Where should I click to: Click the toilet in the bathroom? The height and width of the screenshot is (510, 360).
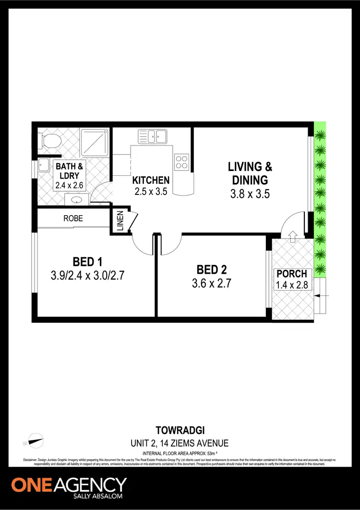(50, 141)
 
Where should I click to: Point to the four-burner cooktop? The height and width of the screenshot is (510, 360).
(181, 161)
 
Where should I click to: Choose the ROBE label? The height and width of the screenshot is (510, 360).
(73, 218)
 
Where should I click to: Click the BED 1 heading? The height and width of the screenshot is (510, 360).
(87, 262)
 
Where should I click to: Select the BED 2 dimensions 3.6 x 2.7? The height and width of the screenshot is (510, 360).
(212, 283)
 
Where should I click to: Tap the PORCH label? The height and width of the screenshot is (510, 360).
(291, 274)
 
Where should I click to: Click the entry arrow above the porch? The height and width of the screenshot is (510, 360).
(292, 234)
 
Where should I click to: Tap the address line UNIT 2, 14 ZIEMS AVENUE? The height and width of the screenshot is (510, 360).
(180, 443)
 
